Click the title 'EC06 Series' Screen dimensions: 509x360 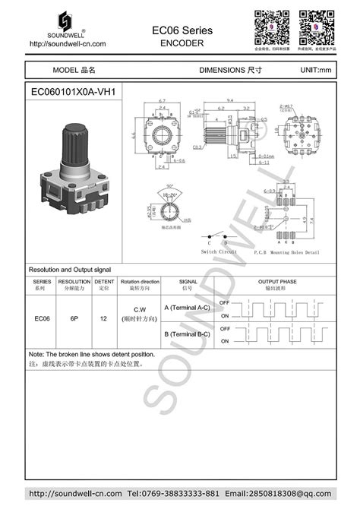pos(182,30)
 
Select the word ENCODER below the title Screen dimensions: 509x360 pos(182,43)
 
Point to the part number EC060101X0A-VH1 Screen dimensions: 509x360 pos(73,92)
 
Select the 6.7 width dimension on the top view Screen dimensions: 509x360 pos(162,100)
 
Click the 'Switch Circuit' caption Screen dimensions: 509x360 pos(219,251)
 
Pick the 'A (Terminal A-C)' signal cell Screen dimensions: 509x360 pos(188,308)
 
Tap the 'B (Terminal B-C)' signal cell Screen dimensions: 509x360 pos(188,334)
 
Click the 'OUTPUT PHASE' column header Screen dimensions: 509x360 pos(277,283)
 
